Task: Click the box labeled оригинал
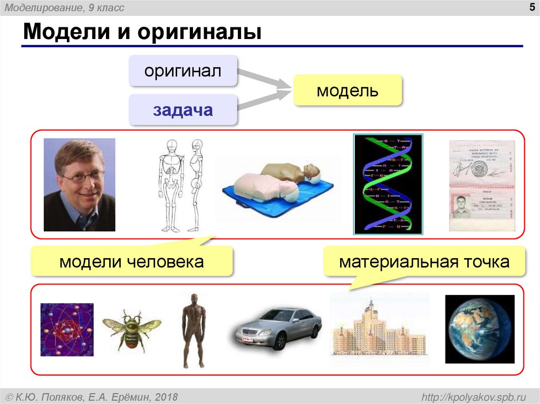[183, 71]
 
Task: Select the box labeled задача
[183, 110]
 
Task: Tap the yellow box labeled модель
[347, 91]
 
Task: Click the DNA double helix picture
[388, 184]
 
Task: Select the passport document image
[481, 185]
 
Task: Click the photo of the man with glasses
[79, 184]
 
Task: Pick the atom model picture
[67, 330]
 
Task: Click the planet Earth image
[479, 329]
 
